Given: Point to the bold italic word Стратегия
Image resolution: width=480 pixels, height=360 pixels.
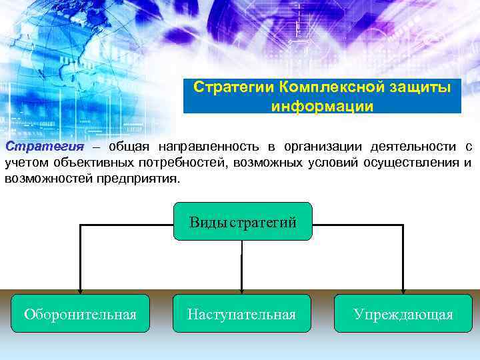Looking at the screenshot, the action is click(44, 147).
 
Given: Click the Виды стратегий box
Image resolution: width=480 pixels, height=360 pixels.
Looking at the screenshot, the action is click(242, 222).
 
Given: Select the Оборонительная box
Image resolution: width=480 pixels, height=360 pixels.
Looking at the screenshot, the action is click(80, 314).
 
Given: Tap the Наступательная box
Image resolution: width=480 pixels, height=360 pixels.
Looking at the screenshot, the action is click(242, 314).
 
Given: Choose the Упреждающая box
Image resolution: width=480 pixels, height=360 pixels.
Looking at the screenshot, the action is click(403, 314).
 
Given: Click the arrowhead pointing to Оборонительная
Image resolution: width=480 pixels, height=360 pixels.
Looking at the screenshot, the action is click(81, 290).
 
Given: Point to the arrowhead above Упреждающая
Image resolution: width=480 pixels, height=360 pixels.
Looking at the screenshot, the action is click(403, 290).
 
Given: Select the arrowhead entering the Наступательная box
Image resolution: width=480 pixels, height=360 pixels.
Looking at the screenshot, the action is click(241, 290).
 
